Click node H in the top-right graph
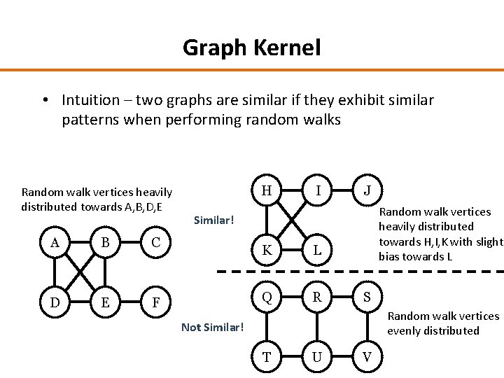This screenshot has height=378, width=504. point(267,190)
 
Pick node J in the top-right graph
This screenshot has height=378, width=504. point(367,190)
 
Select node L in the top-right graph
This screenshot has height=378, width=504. point(317,249)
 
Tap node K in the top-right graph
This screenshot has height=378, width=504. point(267,249)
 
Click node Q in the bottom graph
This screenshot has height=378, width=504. point(267,297)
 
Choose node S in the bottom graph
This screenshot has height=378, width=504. point(367,297)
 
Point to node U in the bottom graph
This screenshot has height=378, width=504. point(317,357)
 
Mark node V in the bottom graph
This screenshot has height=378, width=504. point(367,357)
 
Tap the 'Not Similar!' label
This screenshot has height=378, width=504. point(213,327)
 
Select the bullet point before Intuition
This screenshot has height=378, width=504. point(45,100)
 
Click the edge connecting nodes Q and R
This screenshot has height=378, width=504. point(292,297)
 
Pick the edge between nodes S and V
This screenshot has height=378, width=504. point(367,327)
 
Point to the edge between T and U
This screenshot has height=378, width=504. point(292,357)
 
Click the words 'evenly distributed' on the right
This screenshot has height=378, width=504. point(433,331)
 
